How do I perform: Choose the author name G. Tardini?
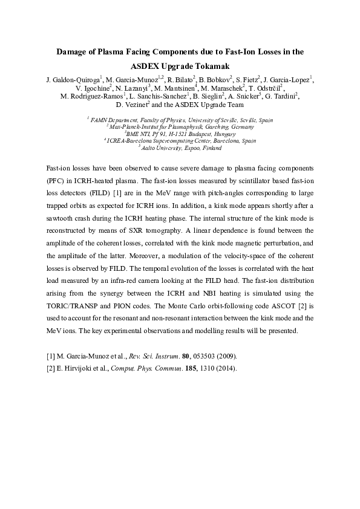coord(281,96)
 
